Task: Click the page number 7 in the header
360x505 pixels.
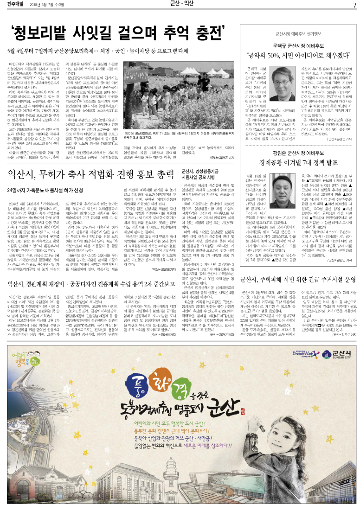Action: coord(354,5)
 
